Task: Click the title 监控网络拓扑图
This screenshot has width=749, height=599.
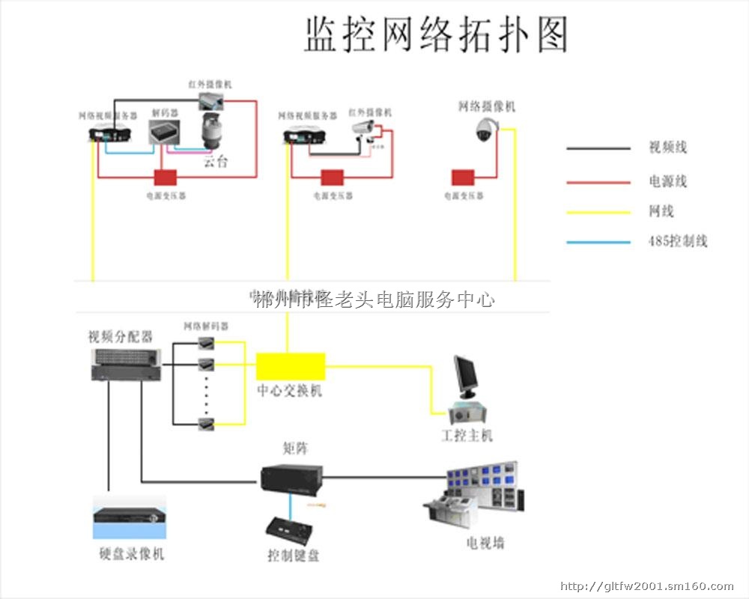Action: click(x=436, y=35)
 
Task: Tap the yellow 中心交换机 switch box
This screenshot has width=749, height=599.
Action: click(x=291, y=366)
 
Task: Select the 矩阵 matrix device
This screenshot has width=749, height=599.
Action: click(x=291, y=478)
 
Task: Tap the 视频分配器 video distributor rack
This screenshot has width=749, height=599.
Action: click(x=124, y=362)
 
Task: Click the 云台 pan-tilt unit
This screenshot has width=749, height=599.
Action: click(x=214, y=135)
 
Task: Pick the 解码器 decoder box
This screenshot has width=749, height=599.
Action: click(x=165, y=133)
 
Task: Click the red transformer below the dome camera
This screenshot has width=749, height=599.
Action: click(x=463, y=177)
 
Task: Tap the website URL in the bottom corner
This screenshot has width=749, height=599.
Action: click(x=647, y=586)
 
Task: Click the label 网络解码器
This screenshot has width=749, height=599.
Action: click(x=206, y=326)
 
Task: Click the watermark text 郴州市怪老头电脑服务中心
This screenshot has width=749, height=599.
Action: click(x=374, y=300)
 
